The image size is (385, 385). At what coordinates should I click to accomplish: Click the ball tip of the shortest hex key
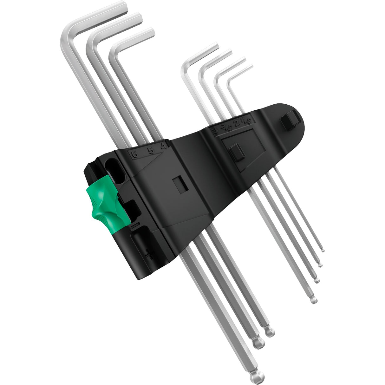[x=323, y=251]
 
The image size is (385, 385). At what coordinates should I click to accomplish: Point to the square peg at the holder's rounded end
[x=289, y=122]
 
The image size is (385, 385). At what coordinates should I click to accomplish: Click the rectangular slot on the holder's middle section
[x=180, y=185]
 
